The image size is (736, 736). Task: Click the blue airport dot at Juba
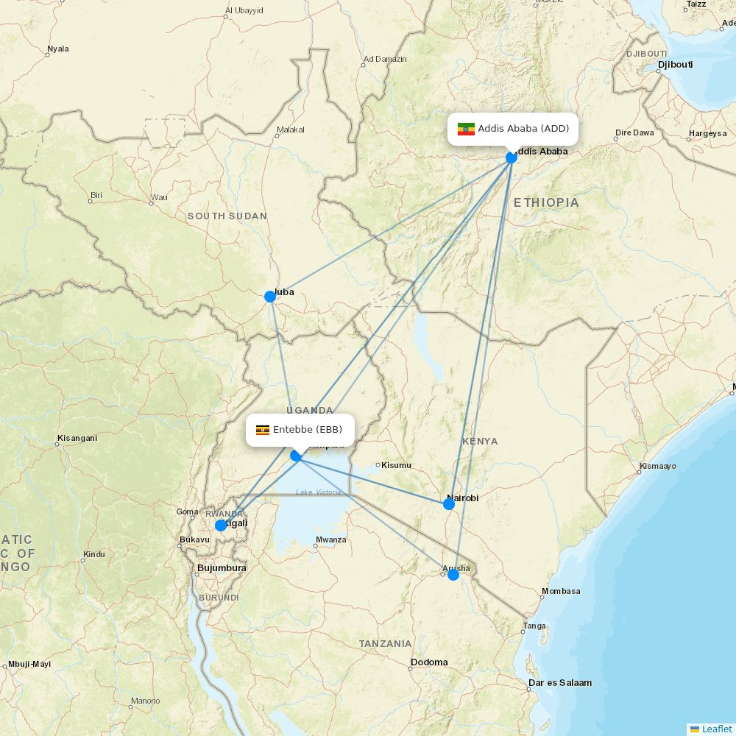(x=270, y=296)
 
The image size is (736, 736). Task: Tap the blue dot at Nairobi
(x=449, y=503)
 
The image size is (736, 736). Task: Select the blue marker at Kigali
(x=221, y=526)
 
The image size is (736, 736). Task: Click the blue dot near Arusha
(x=453, y=574)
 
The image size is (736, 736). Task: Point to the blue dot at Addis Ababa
(x=512, y=158)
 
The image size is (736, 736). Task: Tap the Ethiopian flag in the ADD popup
(x=466, y=130)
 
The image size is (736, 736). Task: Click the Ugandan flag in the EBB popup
(x=263, y=430)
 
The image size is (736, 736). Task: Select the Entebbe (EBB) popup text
(x=308, y=430)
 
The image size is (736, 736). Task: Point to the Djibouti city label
(x=675, y=65)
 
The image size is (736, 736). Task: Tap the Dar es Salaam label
(x=559, y=683)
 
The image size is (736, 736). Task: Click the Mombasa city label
(x=561, y=591)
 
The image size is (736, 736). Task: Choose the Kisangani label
(x=77, y=439)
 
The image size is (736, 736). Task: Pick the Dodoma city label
(x=429, y=662)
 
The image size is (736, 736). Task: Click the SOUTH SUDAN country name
(x=227, y=216)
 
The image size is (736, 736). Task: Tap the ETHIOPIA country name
(x=546, y=202)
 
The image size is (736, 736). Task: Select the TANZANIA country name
(x=386, y=643)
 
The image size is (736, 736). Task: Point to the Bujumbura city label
(x=222, y=568)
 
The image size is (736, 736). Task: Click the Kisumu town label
(x=396, y=465)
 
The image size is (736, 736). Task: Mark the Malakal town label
(x=290, y=130)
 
